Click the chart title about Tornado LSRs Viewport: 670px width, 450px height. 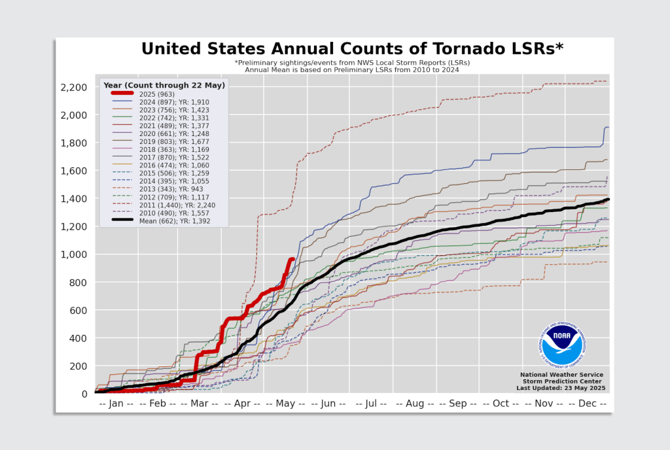(352, 49)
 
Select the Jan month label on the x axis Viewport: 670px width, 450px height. (116, 404)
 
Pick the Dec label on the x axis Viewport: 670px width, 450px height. (587, 404)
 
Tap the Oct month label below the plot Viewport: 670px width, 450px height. (501, 404)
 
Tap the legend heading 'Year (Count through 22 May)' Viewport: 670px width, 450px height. (164, 85)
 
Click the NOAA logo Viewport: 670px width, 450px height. (561, 345)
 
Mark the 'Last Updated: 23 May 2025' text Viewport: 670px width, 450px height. (561, 388)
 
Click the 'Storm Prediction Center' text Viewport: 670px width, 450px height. (561, 381)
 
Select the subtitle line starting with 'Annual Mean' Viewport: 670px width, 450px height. (352, 69)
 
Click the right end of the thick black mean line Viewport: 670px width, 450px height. (608, 199)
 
